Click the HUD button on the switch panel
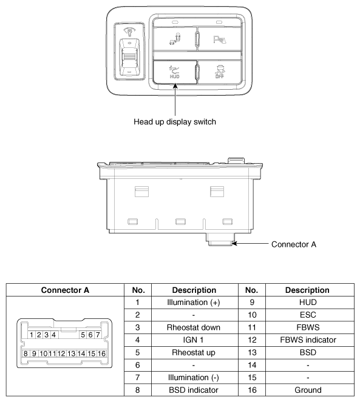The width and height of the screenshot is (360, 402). [175, 72]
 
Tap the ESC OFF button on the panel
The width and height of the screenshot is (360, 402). [220, 72]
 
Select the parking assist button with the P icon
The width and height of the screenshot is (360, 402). [220, 39]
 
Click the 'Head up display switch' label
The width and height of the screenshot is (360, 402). [175, 121]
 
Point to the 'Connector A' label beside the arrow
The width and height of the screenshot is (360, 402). [294, 244]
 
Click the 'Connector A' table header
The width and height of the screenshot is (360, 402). [65, 290]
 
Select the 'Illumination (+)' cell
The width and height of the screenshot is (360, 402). [193, 303]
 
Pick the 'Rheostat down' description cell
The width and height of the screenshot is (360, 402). [193, 327]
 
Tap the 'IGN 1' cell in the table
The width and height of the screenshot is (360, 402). [193, 340]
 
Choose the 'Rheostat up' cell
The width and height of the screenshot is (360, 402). [193, 352]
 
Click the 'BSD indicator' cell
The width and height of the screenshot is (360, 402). [193, 390]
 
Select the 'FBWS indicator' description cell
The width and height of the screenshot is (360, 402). [308, 340]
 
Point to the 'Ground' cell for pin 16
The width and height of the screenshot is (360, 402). [308, 390]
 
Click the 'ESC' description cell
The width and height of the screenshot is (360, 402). [308, 315]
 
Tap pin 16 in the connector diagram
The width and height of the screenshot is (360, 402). [101, 354]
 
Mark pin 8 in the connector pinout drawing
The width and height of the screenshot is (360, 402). [25, 354]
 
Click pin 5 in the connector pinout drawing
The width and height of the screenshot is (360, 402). [83, 335]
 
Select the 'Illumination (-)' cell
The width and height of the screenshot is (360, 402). [193, 377]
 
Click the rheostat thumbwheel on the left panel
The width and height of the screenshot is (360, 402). [130, 57]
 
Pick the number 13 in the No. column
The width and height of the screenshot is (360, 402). [252, 352]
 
